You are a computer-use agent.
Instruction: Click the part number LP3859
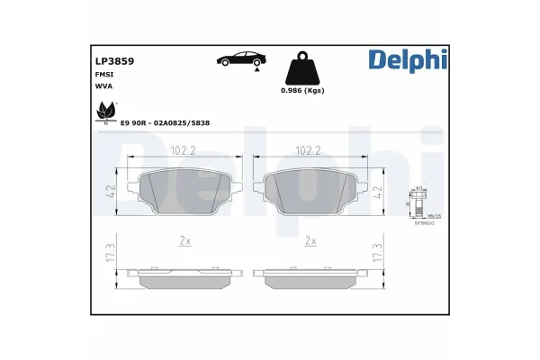pyautogui.click(x=114, y=61)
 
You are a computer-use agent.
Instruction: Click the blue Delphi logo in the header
pyautogui.click(x=407, y=59)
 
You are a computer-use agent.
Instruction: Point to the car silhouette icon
pyautogui.click(x=240, y=59)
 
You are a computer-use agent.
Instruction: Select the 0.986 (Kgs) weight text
pyautogui.click(x=302, y=91)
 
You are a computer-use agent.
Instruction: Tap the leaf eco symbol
pyautogui.click(x=105, y=113)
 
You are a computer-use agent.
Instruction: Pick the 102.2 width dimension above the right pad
pyautogui.click(x=310, y=151)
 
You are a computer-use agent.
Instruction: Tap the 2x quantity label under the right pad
pyautogui.click(x=310, y=241)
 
